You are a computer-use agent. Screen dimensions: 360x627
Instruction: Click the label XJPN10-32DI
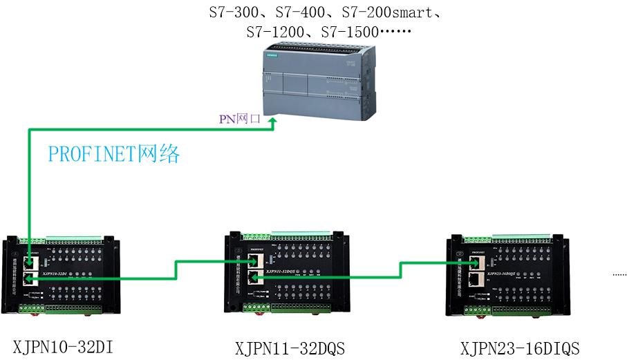[63, 346]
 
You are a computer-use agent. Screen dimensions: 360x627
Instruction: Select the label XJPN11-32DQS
[290, 347]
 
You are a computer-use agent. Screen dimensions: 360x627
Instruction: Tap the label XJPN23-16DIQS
[520, 347]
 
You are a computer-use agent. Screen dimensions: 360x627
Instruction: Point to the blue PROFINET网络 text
[114, 154]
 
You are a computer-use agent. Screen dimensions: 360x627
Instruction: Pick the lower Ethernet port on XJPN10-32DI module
[30, 278]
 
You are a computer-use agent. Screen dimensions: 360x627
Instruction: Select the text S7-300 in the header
[230, 12]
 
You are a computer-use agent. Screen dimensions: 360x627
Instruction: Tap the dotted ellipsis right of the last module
[619, 275]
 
